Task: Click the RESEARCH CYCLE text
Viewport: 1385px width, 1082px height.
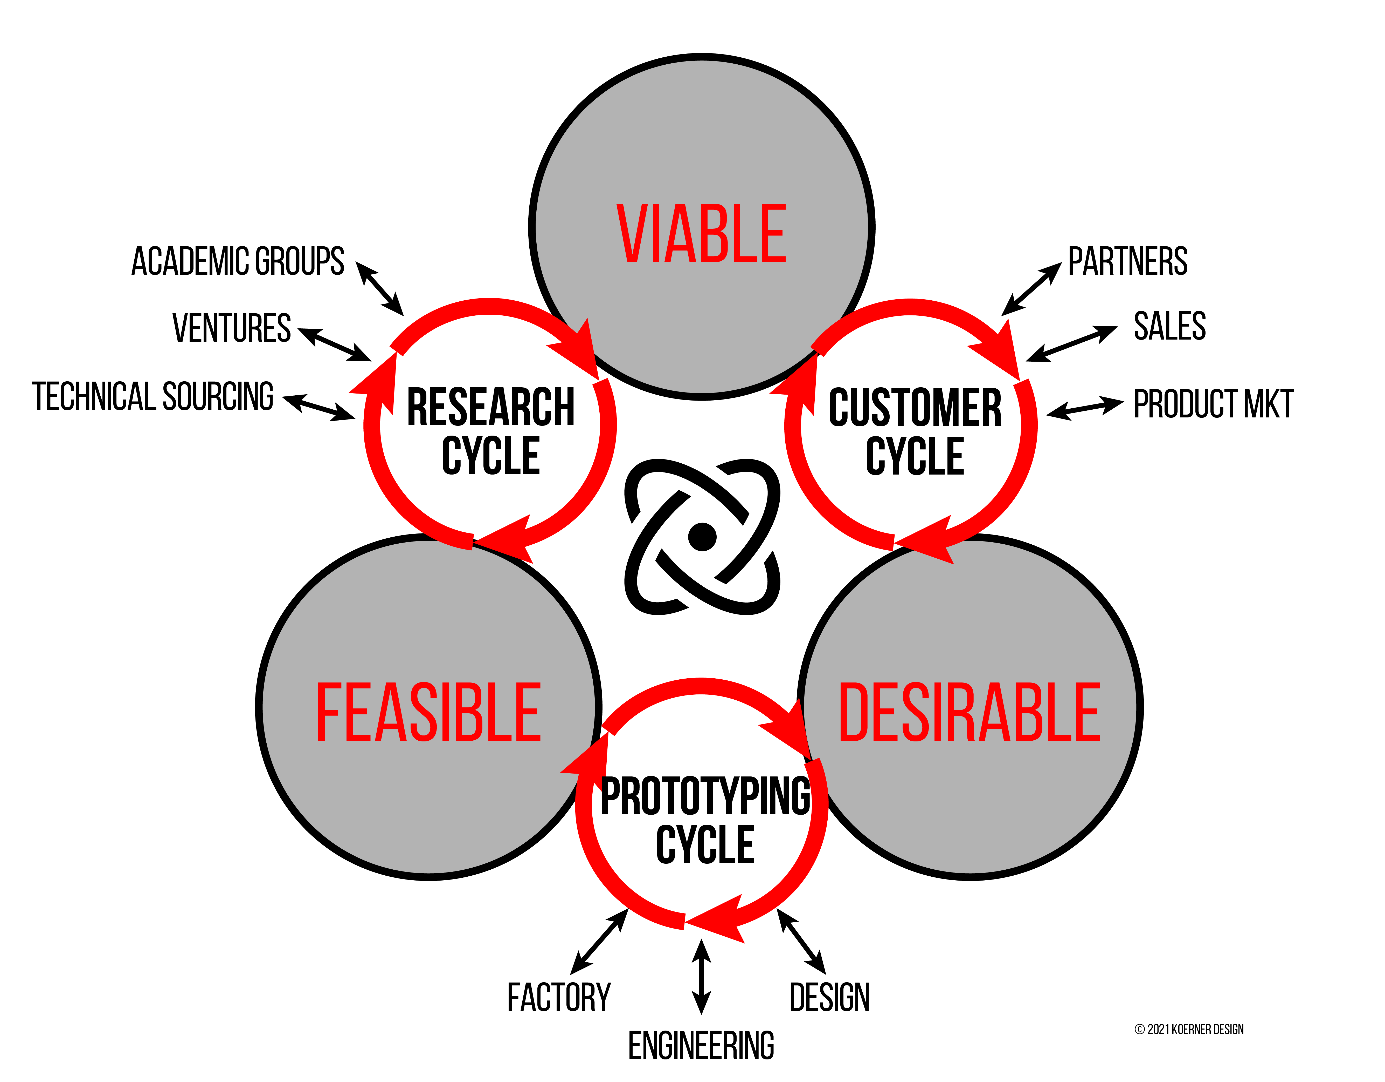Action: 490,431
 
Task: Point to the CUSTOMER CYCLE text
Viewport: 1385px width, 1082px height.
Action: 915,431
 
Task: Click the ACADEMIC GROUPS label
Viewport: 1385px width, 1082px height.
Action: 238,261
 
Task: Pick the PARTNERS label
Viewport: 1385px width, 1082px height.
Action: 1127,261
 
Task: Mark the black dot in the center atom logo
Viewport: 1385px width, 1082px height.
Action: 702,537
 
